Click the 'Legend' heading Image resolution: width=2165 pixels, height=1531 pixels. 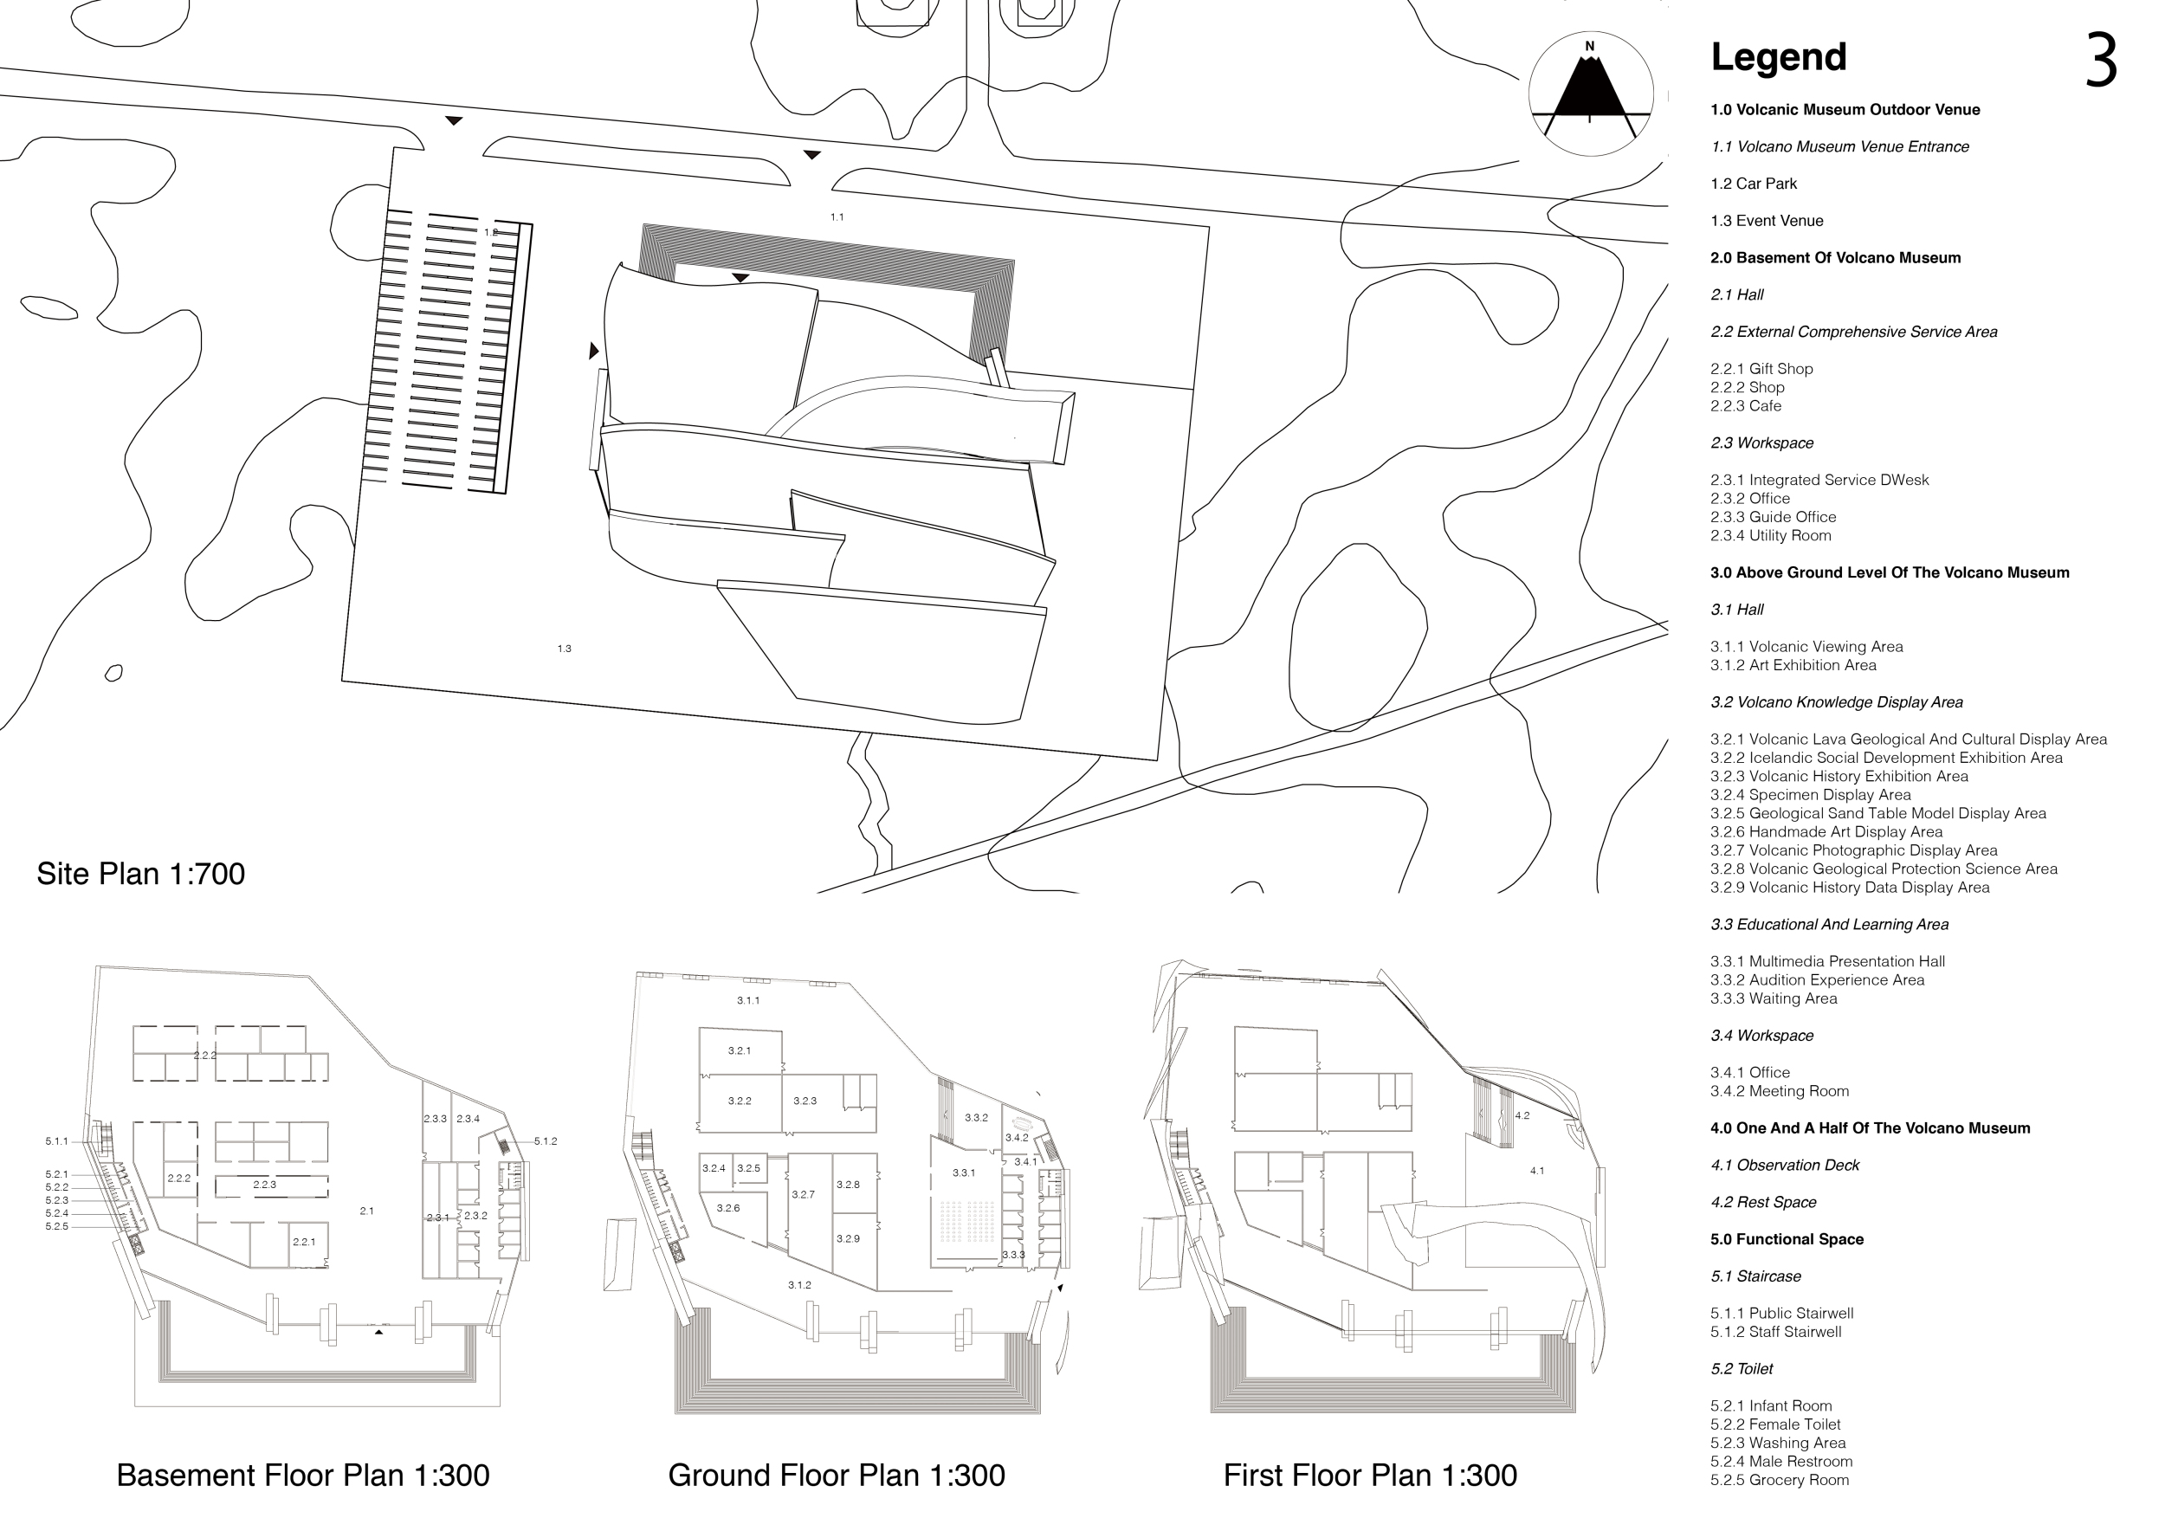pyautogui.click(x=1779, y=58)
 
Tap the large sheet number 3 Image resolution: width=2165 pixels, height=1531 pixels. pyautogui.click(x=2101, y=61)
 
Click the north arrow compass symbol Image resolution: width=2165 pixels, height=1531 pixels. pyautogui.click(x=1591, y=94)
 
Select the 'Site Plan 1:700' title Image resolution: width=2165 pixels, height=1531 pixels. pyautogui.click(x=140, y=874)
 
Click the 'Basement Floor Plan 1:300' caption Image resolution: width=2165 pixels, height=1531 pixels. pyautogui.click(x=303, y=1476)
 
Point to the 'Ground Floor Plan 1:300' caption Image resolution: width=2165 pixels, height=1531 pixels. pyautogui.click(x=837, y=1476)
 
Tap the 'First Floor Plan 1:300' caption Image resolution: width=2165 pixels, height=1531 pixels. pyautogui.click(x=1370, y=1476)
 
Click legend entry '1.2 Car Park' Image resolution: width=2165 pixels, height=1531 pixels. pyautogui.click(x=1754, y=184)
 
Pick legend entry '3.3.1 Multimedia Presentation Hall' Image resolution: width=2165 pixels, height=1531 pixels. pyautogui.click(x=1827, y=961)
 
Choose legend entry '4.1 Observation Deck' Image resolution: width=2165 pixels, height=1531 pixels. pyautogui.click(x=1785, y=1166)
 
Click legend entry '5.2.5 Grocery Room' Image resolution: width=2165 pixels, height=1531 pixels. pyautogui.click(x=1780, y=1480)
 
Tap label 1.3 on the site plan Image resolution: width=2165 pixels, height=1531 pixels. pyautogui.click(x=564, y=649)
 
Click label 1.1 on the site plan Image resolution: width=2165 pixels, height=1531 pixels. pyautogui.click(x=837, y=216)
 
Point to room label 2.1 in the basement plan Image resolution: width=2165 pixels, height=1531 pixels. pyautogui.click(x=367, y=1211)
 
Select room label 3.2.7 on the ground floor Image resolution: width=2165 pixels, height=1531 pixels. pyautogui.click(x=803, y=1194)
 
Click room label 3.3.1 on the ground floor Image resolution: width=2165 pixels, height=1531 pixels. pyautogui.click(x=963, y=1172)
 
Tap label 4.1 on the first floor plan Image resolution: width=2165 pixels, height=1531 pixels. pyautogui.click(x=1537, y=1171)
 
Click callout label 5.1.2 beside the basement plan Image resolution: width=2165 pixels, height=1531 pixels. pyautogui.click(x=546, y=1141)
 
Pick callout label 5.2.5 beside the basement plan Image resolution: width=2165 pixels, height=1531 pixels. pyautogui.click(x=56, y=1226)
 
